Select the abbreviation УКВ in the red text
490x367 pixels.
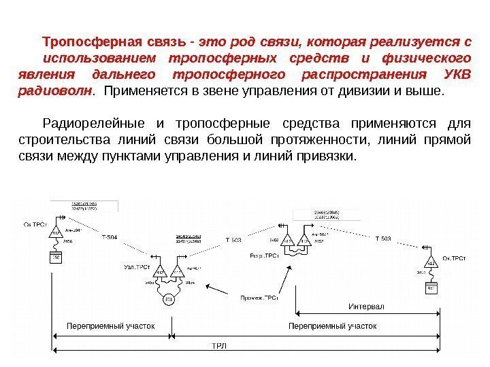[457, 74]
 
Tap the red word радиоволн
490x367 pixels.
[52, 91]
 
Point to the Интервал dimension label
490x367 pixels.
[367, 307]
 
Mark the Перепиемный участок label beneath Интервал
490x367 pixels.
[333, 326]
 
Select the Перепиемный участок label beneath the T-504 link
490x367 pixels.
[110, 326]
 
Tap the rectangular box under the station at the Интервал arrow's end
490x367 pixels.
[431, 287]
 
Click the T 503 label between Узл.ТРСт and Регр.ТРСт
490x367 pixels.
[233, 240]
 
